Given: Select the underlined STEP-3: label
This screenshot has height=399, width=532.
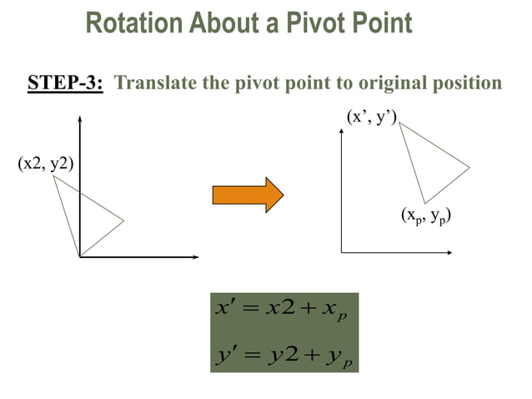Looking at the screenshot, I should (65, 83).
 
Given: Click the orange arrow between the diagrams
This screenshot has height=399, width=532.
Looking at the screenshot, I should (248, 194).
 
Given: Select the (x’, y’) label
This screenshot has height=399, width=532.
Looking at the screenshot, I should (372, 118).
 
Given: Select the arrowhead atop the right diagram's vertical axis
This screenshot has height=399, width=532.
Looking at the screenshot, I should (341, 135).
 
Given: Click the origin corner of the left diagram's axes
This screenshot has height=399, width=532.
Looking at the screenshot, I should (79, 256).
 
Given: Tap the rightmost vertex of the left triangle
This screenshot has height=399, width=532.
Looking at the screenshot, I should (124, 221).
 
